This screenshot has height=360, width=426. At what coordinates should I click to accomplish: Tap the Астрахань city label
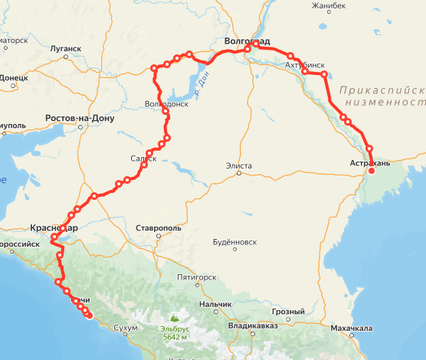[369, 163]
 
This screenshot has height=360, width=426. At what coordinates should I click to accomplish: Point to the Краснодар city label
[53, 227]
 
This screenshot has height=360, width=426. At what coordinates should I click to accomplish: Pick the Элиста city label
[239, 165]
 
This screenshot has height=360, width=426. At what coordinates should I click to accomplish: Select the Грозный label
[290, 312]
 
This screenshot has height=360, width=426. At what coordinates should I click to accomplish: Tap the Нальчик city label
[215, 305]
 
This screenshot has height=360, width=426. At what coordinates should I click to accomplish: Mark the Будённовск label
[234, 242]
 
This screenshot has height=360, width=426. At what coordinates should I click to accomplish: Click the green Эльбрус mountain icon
[175, 316]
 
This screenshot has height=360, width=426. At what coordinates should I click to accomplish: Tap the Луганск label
[65, 48]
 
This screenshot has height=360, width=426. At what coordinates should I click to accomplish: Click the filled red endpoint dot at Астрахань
[372, 171]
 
